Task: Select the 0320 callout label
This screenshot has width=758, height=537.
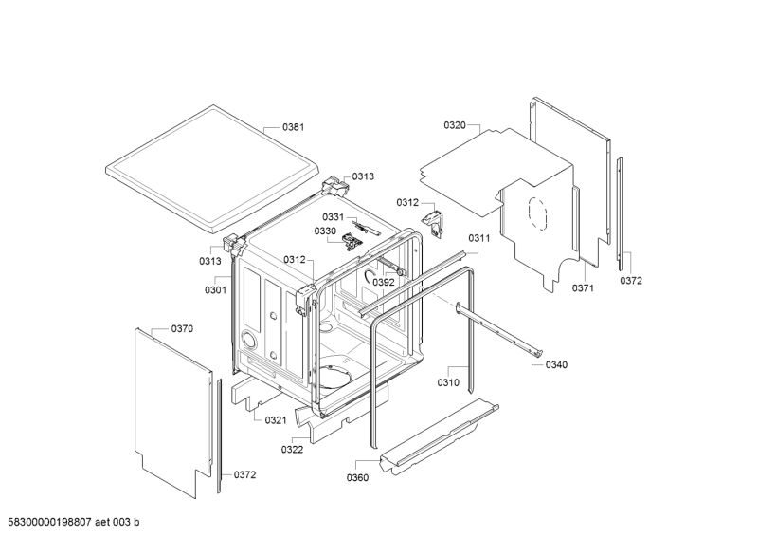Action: pyautogui.click(x=455, y=125)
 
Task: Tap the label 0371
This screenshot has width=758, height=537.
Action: pyautogui.click(x=582, y=287)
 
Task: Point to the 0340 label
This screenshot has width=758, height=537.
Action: pyautogui.click(x=557, y=365)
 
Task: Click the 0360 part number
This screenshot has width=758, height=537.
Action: pyautogui.click(x=357, y=477)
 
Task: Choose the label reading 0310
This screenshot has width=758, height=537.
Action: pyautogui.click(x=448, y=382)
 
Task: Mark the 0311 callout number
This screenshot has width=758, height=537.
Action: pyautogui.click(x=478, y=238)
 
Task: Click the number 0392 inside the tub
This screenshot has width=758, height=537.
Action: pyautogui.click(x=383, y=282)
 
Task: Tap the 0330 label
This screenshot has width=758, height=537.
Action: pyautogui.click(x=325, y=231)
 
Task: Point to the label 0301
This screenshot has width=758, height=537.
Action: pyautogui.click(x=215, y=289)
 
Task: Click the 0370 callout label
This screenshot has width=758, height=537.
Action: pyautogui.click(x=182, y=328)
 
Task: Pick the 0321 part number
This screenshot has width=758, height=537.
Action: pyautogui.click(x=276, y=420)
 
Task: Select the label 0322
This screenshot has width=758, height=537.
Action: pyautogui.click(x=292, y=449)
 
